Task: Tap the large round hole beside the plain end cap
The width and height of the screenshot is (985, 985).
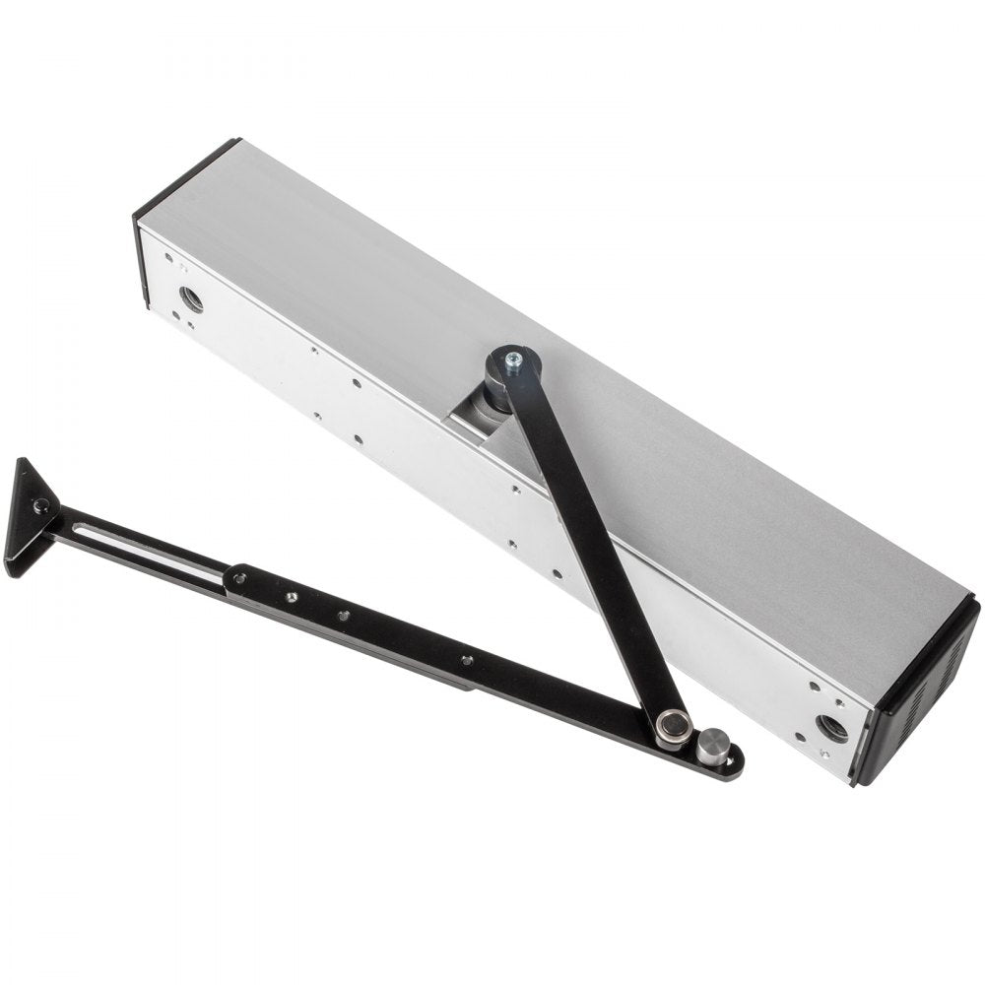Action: point(190,296)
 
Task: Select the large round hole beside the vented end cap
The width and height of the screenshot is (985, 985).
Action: point(831,728)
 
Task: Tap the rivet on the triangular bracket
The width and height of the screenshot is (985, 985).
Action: point(40,506)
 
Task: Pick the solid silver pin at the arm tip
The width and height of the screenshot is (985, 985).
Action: point(713,747)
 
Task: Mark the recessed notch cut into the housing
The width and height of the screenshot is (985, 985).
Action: point(483,433)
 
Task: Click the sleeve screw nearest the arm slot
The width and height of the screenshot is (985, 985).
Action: point(239,578)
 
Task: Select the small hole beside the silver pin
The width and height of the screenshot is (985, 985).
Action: point(730,762)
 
